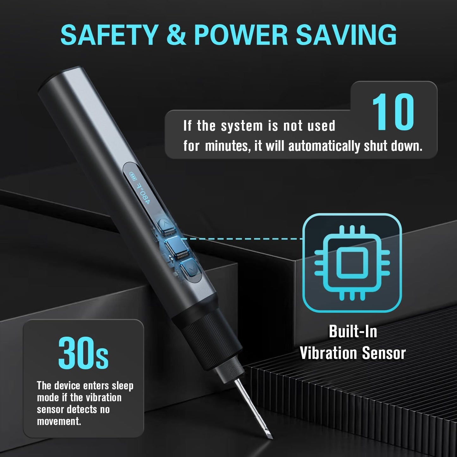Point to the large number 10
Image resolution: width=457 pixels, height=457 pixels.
(393, 112)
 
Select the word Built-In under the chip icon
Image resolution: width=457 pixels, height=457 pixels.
(353, 332)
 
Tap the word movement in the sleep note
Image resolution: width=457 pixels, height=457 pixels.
(59, 421)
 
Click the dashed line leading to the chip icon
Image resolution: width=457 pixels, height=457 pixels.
(244, 239)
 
